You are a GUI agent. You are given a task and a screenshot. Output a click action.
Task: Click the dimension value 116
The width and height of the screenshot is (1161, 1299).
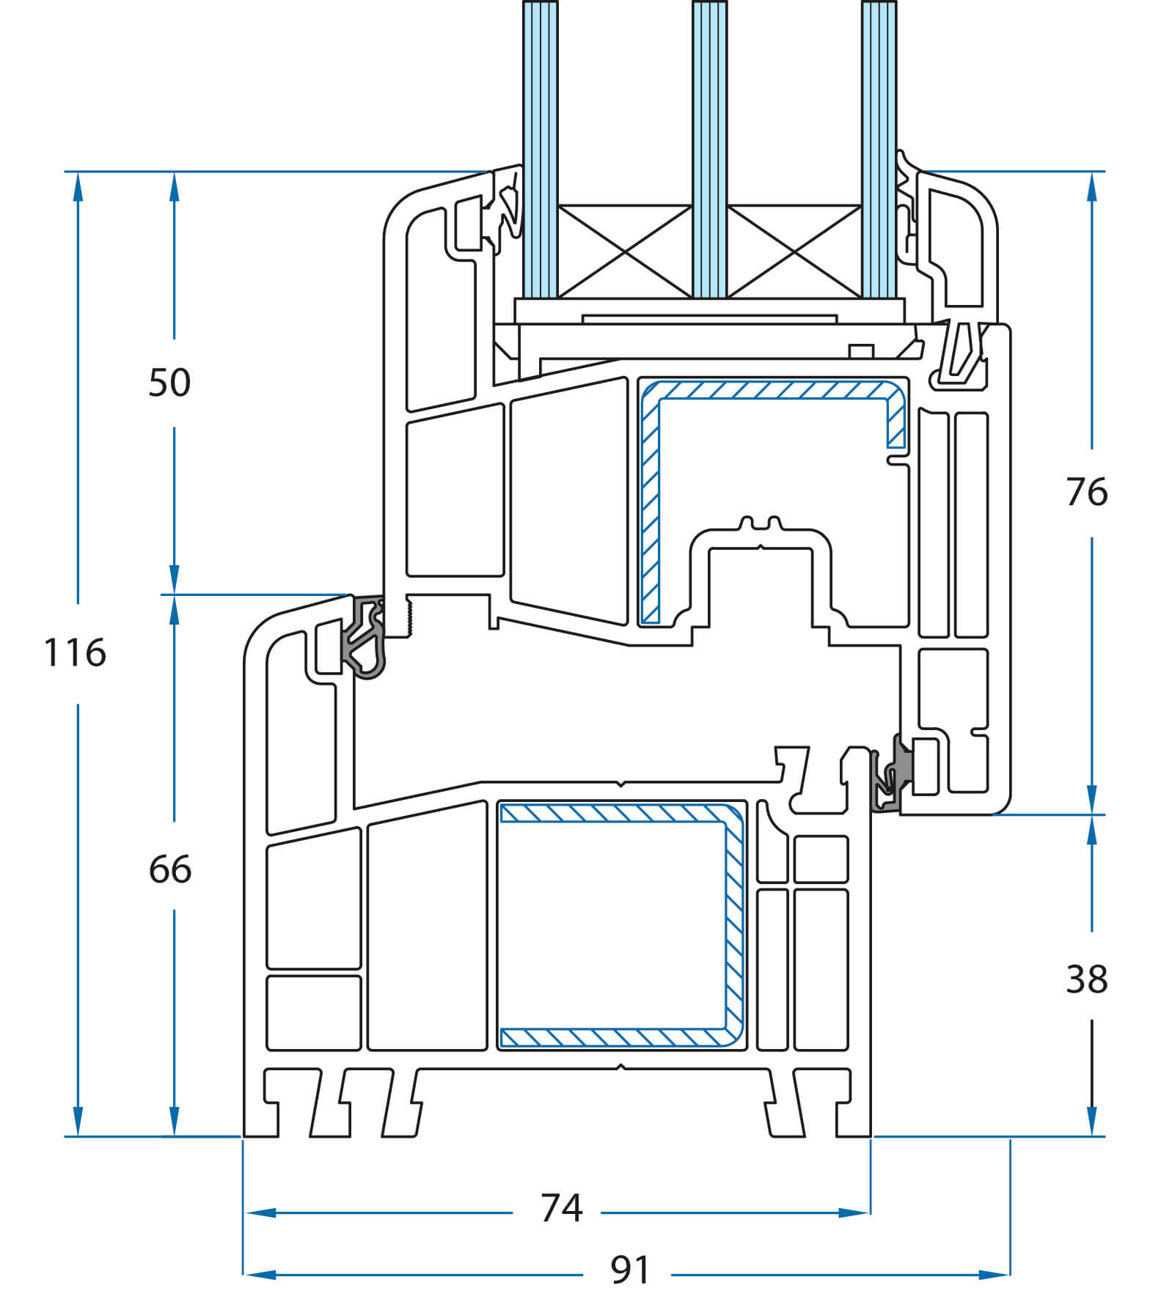coord(75,652)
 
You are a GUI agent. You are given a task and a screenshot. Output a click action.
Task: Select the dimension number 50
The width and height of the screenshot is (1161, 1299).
coord(169,383)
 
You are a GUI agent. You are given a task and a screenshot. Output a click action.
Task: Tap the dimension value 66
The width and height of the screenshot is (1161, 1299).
coord(170,869)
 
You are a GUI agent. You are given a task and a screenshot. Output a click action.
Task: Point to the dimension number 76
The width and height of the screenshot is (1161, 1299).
coord(1087,492)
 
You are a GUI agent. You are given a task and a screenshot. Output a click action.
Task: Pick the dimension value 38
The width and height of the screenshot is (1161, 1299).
coord(1087,979)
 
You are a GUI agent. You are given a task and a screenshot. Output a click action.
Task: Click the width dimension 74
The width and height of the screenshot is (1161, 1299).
coord(561,1208)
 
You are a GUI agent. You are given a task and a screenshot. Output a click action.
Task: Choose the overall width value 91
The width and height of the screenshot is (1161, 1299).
coord(630,1270)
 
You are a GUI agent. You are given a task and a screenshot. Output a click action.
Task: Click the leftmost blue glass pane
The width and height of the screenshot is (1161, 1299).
coord(540,150)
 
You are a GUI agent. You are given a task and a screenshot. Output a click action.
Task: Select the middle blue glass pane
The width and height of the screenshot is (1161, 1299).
coord(709,150)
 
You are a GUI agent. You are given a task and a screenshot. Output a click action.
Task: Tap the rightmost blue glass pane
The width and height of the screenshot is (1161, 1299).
coord(879,150)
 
